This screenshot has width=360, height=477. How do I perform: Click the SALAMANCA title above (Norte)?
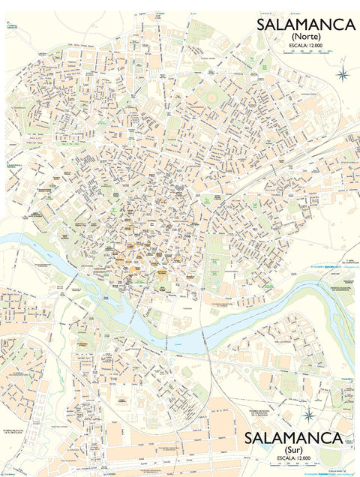(x=305, y=25)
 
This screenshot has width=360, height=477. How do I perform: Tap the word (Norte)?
(x=305, y=36)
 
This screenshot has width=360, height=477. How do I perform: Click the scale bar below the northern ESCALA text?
(x=305, y=51)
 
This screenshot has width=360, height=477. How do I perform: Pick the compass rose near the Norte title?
(x=343, y=73)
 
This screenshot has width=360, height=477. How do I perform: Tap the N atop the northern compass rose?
(x=343, y=66)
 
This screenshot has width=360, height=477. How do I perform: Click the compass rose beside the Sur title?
(x=308, y=415)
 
